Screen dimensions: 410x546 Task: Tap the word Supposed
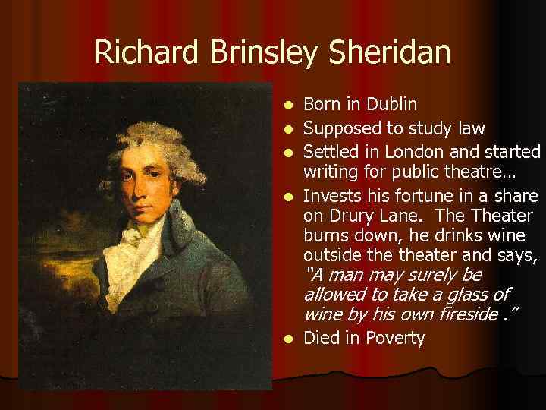(337, 128)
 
